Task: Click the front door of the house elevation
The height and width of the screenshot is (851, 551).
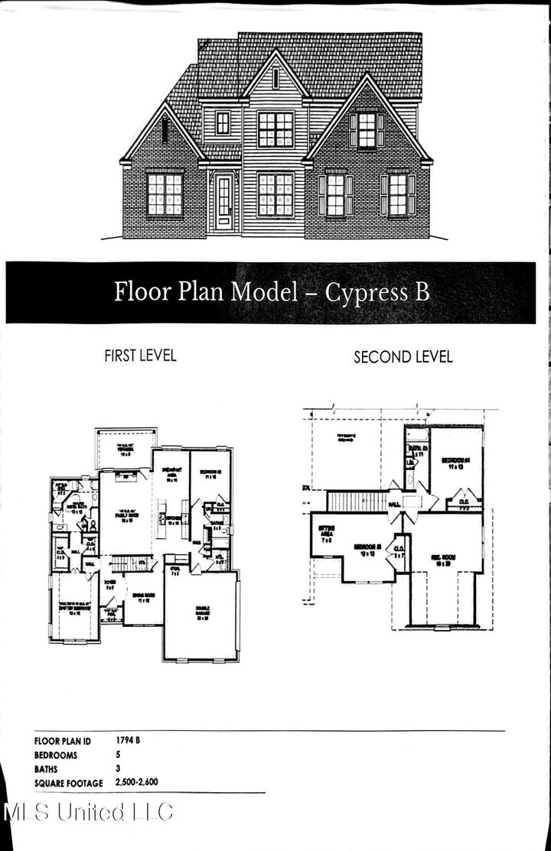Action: click(x=223, y=202)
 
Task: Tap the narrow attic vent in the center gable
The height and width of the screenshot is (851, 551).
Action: click(x=275, y=78)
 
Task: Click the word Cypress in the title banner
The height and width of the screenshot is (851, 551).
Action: click(x=367, y=292)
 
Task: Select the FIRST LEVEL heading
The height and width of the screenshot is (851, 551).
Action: click(x=140, y=356)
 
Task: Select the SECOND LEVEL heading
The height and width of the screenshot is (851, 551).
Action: click(x=403, y=357)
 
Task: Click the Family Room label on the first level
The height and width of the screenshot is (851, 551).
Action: click(x=126, y=517)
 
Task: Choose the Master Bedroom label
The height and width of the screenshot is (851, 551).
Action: click(x=73, y=609)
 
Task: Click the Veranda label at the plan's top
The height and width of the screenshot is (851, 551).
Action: click(x=125, y=451)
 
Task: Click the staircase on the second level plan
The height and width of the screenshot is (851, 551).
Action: click(x=358, y=502)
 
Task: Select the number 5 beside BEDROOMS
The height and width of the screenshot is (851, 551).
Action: click(x=119, y=754)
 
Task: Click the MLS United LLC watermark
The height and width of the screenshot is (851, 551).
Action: click(x=88, y=812)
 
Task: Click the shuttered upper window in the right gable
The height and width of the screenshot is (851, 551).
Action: click(x=367, y=130)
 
